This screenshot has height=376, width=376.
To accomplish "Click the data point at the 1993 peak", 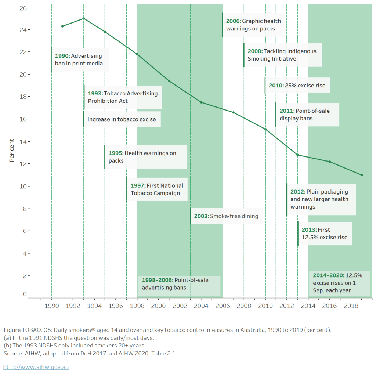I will [x=84, y=18].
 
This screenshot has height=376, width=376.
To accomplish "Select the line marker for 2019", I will [x=362, y=175].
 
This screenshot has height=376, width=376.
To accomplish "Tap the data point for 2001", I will [x=169, y=81].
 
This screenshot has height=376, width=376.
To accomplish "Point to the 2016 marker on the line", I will [x=329, y=162].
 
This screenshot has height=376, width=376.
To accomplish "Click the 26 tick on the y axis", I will [x=23, y=7].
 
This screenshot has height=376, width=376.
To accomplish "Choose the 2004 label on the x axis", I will [x=201, y=306].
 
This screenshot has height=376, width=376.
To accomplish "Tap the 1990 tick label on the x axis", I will [x=51, y=306].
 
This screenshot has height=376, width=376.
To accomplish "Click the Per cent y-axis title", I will [x=12, y=150].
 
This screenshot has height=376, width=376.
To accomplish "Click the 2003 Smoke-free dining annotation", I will [x=227, y=216].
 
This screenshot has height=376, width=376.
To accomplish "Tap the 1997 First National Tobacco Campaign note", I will [x=157, y=189].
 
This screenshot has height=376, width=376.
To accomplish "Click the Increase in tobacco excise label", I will [x=122, y=119].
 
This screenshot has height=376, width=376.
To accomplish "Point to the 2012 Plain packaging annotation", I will [x=320, y=199].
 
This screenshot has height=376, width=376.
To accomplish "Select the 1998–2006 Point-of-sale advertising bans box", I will [x=179, y=284].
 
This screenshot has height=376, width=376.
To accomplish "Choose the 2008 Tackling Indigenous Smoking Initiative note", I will [x=282, y=55].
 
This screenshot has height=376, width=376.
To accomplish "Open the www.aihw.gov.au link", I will [x=36, y=367].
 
